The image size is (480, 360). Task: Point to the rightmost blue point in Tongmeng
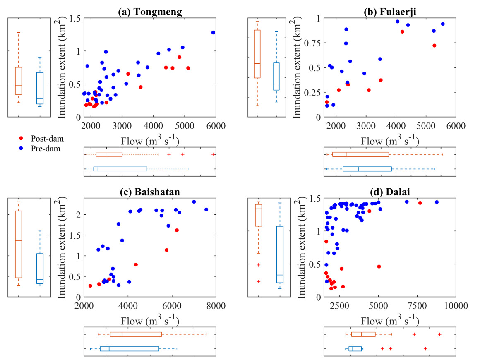click(213, 32)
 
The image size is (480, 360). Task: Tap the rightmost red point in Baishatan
click(177, 230)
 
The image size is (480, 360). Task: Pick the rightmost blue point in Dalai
click(437, 202)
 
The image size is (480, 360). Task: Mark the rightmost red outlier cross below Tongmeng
click(213, 154)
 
